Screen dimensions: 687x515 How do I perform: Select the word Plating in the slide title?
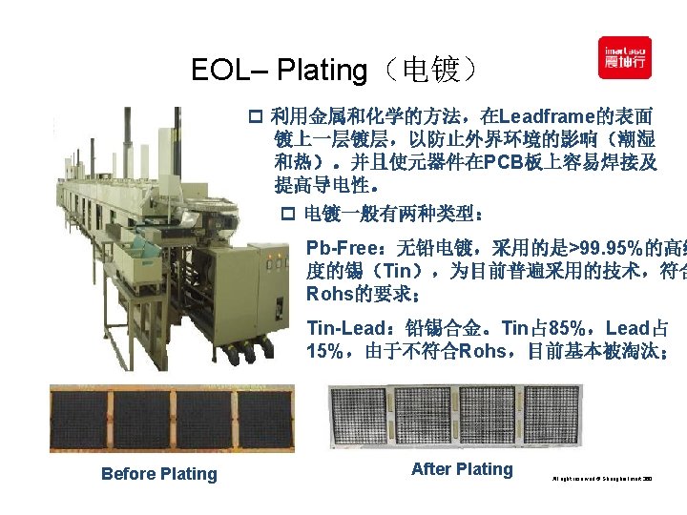[321, 70]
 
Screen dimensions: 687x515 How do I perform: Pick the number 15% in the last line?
[324, 351]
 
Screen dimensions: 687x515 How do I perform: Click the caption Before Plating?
[159, 474]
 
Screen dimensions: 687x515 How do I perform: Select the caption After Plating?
[462, 469]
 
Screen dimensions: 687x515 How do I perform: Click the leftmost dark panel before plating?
[76, 419]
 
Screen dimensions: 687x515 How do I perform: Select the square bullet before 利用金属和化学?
[255, 118]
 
